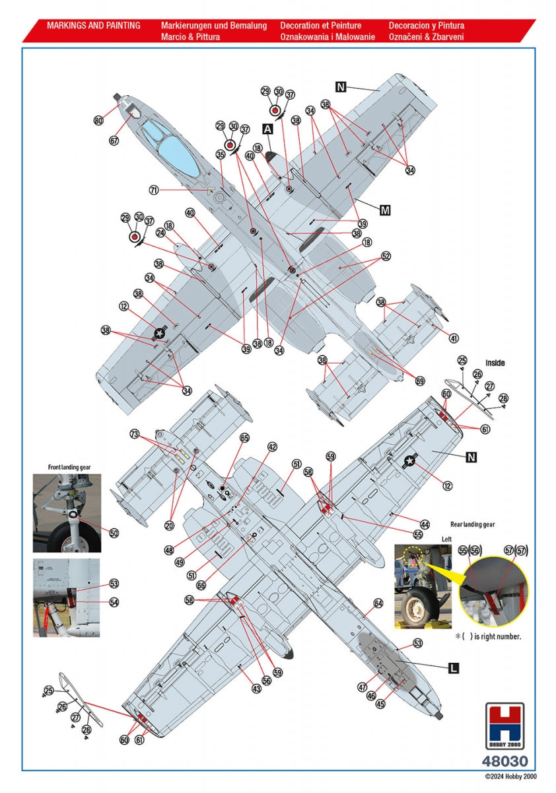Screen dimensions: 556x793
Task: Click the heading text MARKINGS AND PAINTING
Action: point(93,26)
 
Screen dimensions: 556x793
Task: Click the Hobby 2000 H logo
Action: point(504,726)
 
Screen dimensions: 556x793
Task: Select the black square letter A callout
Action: point(267,130)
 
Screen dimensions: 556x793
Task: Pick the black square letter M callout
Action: point(385,210)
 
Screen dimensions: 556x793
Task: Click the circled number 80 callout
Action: point(98,120)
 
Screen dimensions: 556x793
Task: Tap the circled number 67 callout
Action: point(114,141)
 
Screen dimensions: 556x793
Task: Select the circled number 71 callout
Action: point(154,190)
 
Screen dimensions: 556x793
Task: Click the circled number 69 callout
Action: point(420,381)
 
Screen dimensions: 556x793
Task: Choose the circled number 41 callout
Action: point(454,338)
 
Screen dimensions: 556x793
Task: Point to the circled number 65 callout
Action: point(245,438)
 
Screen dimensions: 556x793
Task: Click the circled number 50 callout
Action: point(114,533)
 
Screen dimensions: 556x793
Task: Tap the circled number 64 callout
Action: point(378,603)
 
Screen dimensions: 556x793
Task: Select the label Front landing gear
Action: point(69,467)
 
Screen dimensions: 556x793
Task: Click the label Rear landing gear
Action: point(473,524)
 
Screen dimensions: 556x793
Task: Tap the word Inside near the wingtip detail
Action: point(495,363)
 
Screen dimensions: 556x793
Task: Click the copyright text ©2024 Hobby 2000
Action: point(510,776)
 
